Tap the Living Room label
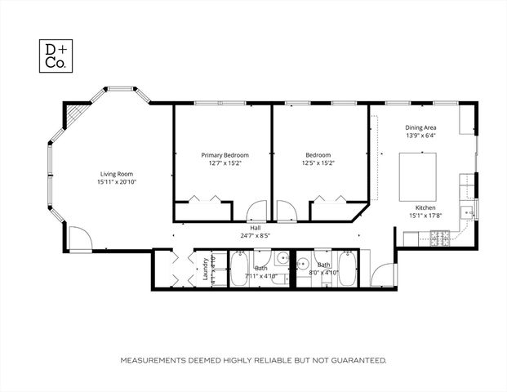coord(117,173)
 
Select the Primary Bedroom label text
coord(225,154)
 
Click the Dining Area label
coord(420,127)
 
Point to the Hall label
coord(255,228)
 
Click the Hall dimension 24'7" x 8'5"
coord(255,235)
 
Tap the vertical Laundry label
coord(206,269)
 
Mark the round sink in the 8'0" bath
coord(301,263)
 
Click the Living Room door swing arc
coord(79,240)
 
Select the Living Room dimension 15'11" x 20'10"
coord(117,181)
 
